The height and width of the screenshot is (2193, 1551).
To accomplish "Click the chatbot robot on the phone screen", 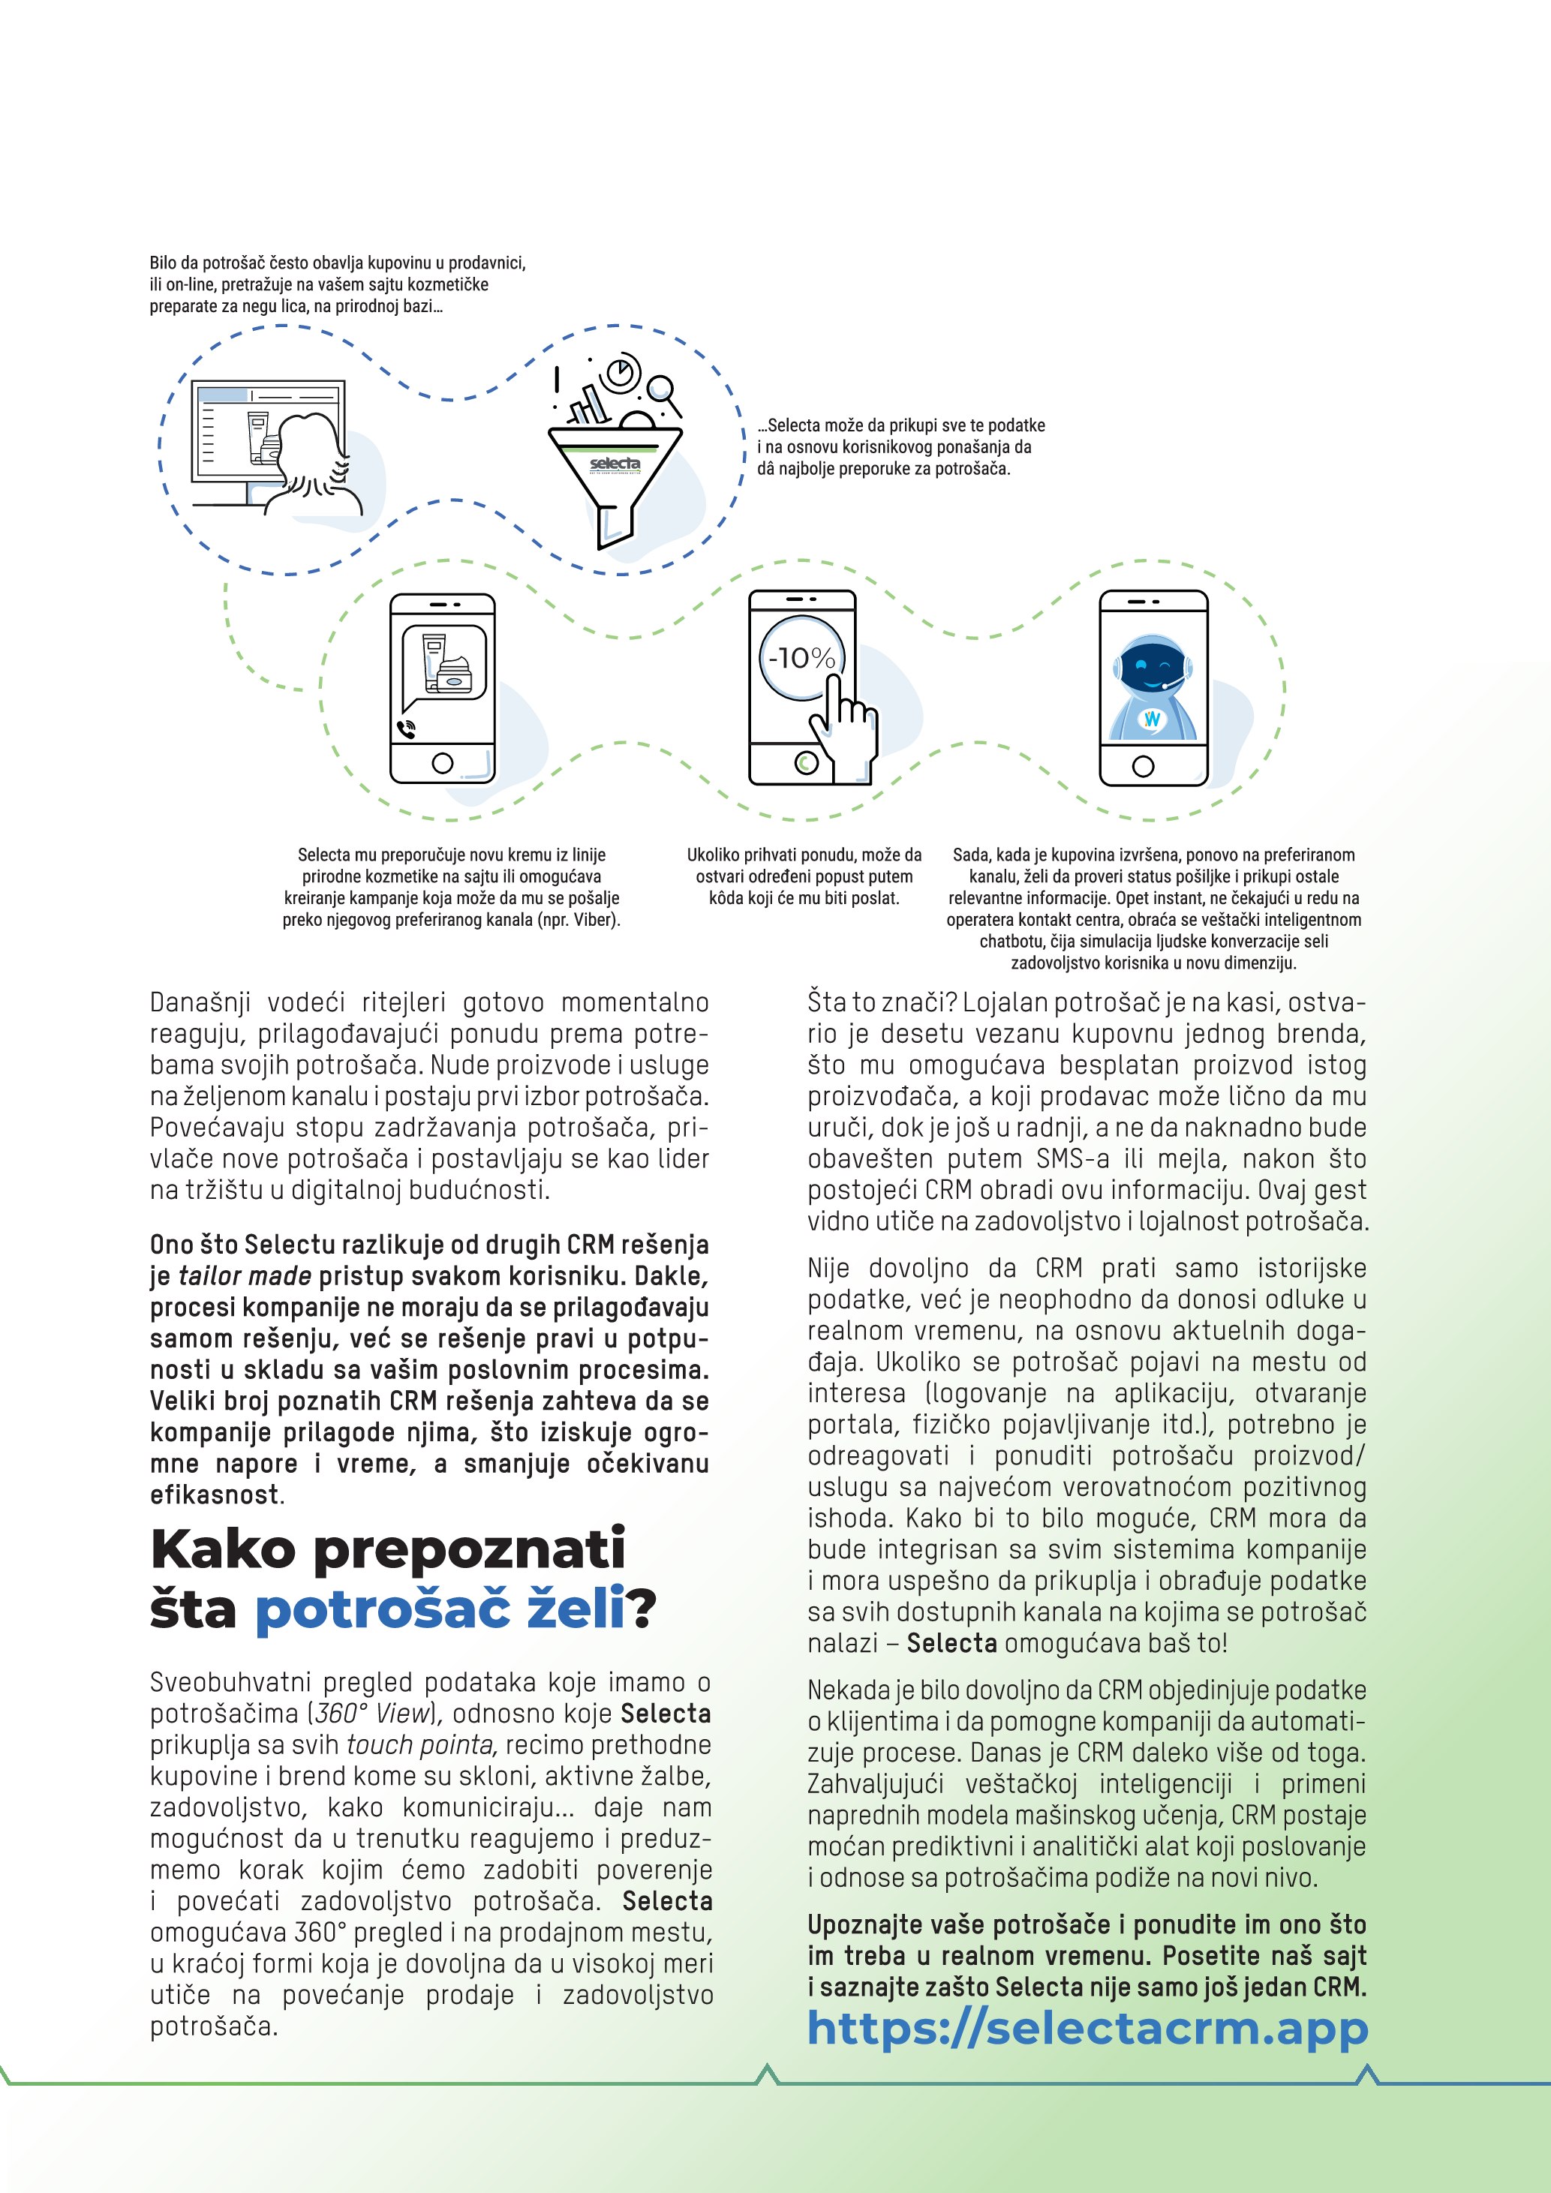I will point(1153,686).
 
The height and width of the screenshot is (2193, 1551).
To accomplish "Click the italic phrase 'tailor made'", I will point(245,1276).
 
